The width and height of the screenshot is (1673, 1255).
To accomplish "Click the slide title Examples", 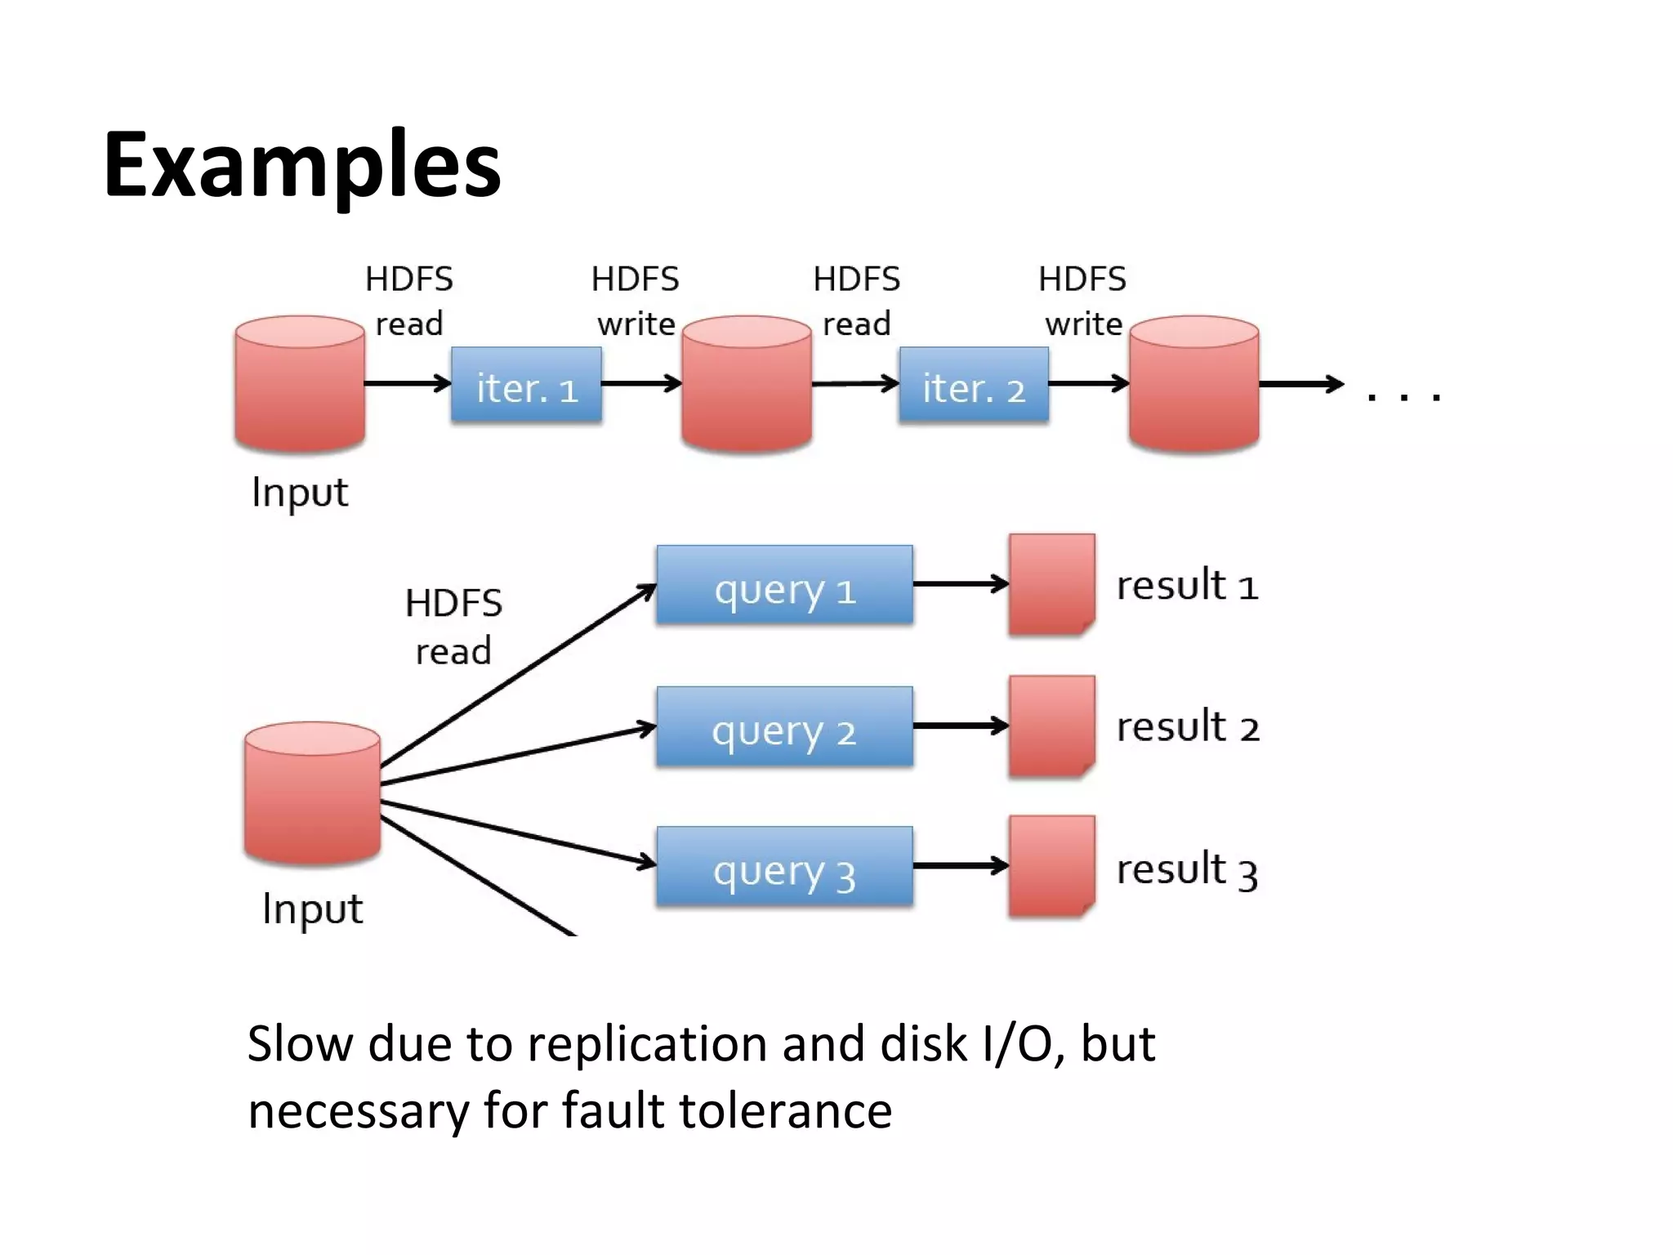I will pos(301,165).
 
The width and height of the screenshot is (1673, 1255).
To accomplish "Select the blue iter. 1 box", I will pos(526,386).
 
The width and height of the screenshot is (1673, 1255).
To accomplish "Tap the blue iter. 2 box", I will pos(973,386).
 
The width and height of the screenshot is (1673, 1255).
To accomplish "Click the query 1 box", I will pos(784,586).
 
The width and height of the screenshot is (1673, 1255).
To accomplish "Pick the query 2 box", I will pos(784,727).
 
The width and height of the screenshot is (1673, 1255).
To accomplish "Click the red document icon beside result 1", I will pos(1051,584).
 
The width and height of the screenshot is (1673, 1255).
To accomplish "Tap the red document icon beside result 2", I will pos(1051,726).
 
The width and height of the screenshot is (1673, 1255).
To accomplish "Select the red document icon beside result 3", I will pos(1051,866).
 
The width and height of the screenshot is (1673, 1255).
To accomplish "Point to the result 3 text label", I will pos(1186,869).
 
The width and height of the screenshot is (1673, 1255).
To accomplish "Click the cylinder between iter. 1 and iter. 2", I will pos(747,384).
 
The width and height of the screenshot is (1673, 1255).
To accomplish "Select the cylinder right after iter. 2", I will pos(1193,384).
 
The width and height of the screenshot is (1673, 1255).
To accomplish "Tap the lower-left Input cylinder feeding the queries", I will pos(312,793).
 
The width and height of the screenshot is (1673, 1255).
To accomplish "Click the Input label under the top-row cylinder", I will pos(300,493).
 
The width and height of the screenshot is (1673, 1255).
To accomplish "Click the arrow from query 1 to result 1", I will pos(961,584).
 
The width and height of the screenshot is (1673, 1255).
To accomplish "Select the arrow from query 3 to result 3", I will pos(961,866).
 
